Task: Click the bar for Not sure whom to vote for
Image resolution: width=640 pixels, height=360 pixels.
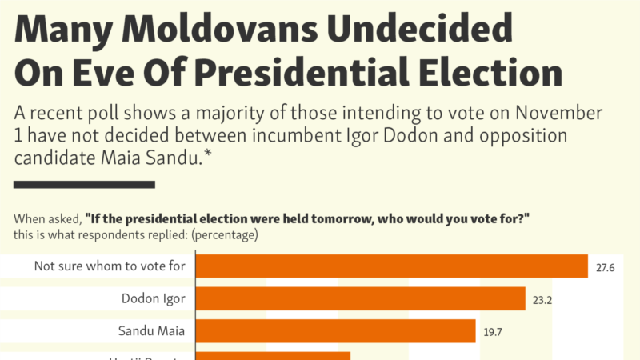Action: point(392,266)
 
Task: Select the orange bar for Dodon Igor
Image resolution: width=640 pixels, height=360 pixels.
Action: point(360,299)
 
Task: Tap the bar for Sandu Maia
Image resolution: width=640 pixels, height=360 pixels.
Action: point(336,331)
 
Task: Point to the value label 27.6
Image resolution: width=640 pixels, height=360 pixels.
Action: point(605,267)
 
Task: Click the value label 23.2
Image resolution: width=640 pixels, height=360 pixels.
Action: point(541,300)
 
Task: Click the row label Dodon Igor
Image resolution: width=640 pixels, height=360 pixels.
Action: point(154,299)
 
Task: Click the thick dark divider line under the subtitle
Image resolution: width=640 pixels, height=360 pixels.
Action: point(84,186)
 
